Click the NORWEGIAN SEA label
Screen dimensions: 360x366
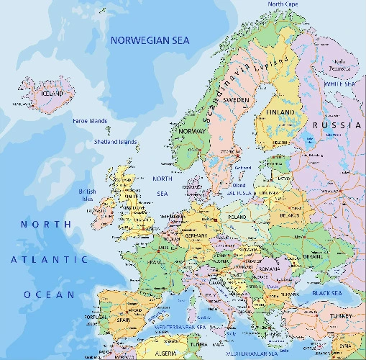(150, 41)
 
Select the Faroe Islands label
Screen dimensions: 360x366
(90, 121)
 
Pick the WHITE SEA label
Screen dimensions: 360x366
(340, 84)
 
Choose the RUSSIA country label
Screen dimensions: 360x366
(335, 125)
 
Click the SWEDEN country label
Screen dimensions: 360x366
(237, 99)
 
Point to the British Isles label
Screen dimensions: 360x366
(87, 195)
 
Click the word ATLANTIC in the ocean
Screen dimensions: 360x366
(48, 258)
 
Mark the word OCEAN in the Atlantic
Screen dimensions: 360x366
(49, 294)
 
